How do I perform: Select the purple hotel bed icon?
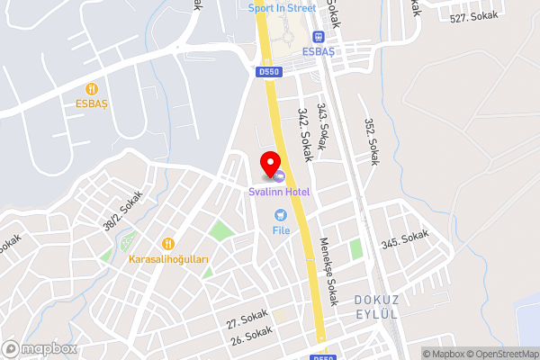[x=280, y=175]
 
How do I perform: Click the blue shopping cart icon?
[x=281, y=214]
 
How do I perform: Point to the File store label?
[x=281, y=230]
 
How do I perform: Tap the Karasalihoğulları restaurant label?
[x=168, y=259]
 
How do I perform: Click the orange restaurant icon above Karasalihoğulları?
[x=168, y=243]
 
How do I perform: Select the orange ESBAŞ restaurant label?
[x=91, y=103]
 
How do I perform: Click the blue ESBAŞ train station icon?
[x=317, y=36]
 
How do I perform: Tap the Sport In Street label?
[x=282, y=8]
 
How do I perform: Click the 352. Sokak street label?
[x=370, y=142]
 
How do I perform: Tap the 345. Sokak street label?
[x=405, y=239]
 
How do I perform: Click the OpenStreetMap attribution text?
[x=501, y=354]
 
